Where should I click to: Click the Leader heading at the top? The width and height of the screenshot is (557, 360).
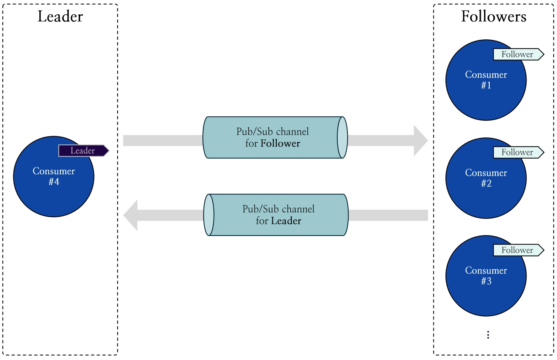coord(60,17)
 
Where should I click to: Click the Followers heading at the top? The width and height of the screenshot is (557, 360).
coord(493,17)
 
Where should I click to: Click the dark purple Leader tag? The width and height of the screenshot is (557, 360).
coord(84,151)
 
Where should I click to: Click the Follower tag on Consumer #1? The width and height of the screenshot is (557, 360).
coord(518,54)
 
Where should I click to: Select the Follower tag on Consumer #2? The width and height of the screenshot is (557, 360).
coord(518,152)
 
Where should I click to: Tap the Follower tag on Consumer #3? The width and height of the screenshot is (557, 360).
coord(518,250)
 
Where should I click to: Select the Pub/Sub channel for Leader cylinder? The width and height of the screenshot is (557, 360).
coord(278,215)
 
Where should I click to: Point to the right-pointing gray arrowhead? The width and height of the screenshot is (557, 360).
coord(420,141)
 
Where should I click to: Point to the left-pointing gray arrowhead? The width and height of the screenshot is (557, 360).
coord(131,215)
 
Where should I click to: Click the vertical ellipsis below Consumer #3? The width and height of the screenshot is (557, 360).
coord(488,334)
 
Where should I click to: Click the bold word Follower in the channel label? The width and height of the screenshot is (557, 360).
coord(280,144)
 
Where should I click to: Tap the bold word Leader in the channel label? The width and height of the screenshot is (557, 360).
coord(286,221)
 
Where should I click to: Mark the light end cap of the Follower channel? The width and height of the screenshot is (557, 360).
coord(343,137)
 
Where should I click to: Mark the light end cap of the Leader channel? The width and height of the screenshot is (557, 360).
coord(209,215)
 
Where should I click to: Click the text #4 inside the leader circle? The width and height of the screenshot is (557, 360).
coord(54,182)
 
